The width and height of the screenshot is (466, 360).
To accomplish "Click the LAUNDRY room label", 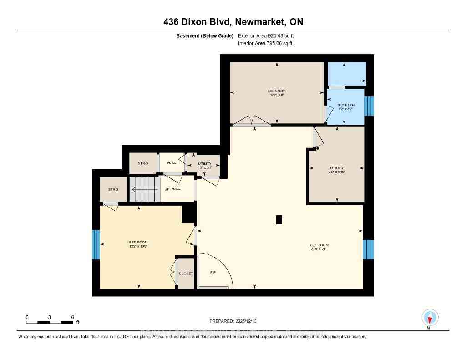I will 276,91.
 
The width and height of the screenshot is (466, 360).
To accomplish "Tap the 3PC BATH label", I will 345,106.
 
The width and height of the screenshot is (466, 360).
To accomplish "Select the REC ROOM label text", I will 319,245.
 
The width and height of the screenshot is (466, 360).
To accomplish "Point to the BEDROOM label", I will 138,242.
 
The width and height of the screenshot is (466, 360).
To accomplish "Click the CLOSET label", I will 186,274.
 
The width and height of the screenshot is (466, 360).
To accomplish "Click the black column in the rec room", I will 279,220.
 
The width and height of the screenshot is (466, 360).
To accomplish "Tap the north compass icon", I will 430,317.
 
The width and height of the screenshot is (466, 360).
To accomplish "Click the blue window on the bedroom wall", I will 96,244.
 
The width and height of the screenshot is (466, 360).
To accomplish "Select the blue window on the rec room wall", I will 368,249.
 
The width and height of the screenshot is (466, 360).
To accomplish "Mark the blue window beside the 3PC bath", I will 369,106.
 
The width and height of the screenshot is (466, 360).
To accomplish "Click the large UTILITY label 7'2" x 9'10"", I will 337,168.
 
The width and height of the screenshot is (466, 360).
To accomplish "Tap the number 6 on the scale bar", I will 72,317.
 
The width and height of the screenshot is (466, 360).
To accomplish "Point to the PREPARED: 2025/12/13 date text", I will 233,321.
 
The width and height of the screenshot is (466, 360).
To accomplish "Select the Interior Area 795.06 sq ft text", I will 265,44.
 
